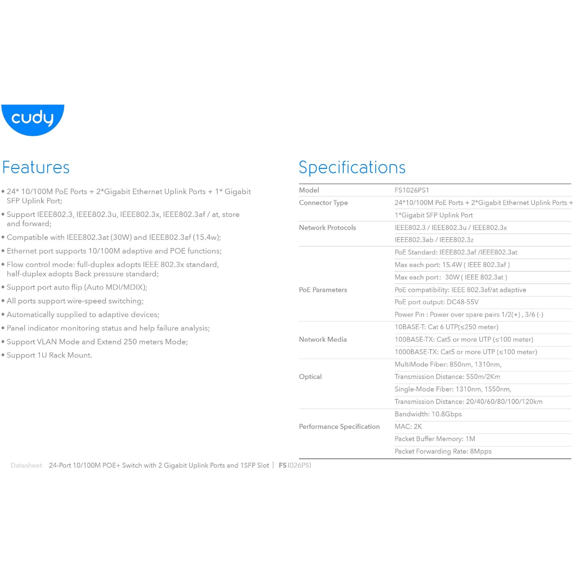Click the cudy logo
coord(33,119)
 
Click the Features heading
coord(36,167)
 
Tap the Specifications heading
coord(352,167)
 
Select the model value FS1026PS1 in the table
coord(412,190)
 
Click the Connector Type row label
coord(323,203)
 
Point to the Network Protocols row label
coord(327,228)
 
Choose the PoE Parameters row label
coord(323,290)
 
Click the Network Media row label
coord(323,340)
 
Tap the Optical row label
coord(310,377)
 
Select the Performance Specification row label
coord(339,427)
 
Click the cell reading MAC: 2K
coord(408,427)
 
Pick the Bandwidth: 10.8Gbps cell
coord(428,414)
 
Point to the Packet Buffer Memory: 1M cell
coord(435,439)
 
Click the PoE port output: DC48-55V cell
coord(437,302)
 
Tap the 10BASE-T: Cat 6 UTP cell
coord(446,327)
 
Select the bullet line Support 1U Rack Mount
coord(49,355)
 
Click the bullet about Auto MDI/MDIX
coord(77,287)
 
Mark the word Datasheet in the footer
coord(26,466)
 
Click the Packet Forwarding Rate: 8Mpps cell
coord(443,451)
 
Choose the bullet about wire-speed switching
coord(75,301)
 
